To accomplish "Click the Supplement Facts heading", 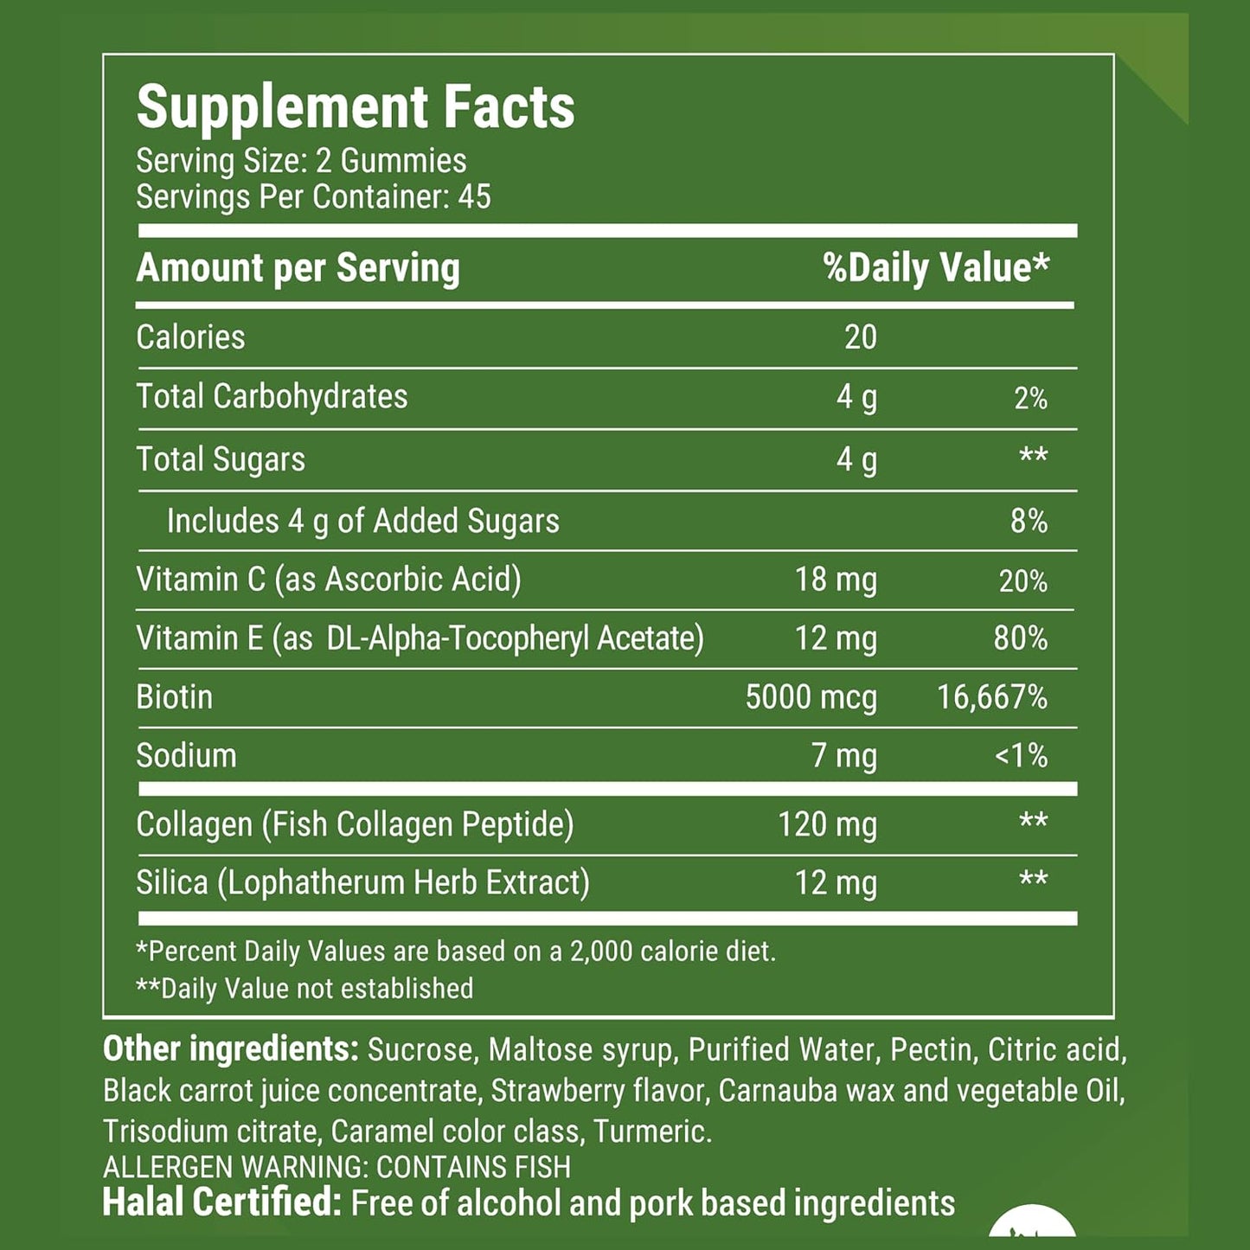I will (x=356, y=107).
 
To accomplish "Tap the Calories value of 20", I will (x=860, y=337).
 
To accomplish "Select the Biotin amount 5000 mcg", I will (x=811, y=697).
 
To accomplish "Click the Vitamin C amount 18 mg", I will (x=835, y=580).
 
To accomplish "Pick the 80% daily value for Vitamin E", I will (x=1020, y=638).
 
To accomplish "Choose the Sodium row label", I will (x=186, y=756).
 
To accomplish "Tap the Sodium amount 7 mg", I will (x=843, y=756).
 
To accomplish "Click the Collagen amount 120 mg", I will (x=827, y=824).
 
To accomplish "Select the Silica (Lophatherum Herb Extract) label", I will (x=362, y=883).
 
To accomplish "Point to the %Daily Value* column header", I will (x=936, y=268).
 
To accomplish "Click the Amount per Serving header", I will (x=298, y=268).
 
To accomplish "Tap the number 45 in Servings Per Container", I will (x=474, y=197).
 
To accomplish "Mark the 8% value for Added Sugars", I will (x=1029, y=522).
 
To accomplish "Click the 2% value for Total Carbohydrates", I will (x=1030, y=398).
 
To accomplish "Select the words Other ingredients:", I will (x=230, y=1049).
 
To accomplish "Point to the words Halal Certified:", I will (x=222, y=1202).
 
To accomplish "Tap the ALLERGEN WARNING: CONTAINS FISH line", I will (x=337, y=1167).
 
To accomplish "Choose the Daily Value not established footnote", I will (x=304, y=988).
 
